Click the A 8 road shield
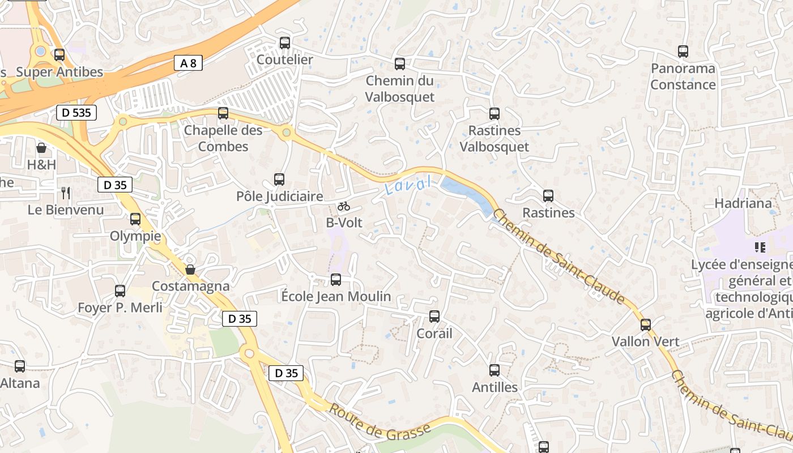188,63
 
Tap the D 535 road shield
76,112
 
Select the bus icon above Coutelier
285,43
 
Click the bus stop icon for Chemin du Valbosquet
400,64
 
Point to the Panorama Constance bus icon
683,52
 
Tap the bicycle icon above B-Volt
344,207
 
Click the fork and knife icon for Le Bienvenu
66,193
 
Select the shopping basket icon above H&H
41,148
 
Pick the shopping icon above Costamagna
191,270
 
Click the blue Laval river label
408,185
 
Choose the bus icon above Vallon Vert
646,325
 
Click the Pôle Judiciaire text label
279,196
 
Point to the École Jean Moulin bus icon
336,280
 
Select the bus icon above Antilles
494,371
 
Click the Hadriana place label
743,203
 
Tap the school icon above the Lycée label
760,247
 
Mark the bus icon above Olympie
135,219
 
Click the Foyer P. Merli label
120,307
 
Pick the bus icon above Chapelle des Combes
223,113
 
